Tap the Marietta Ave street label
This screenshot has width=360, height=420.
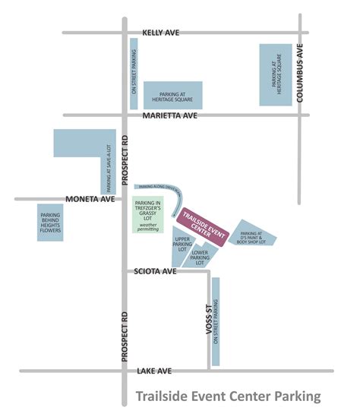coord(168,115)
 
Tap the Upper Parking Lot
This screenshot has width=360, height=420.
coord(182,242)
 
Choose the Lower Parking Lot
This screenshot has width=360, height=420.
coord(201,257)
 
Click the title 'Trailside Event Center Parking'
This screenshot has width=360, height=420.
coord(228,396)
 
